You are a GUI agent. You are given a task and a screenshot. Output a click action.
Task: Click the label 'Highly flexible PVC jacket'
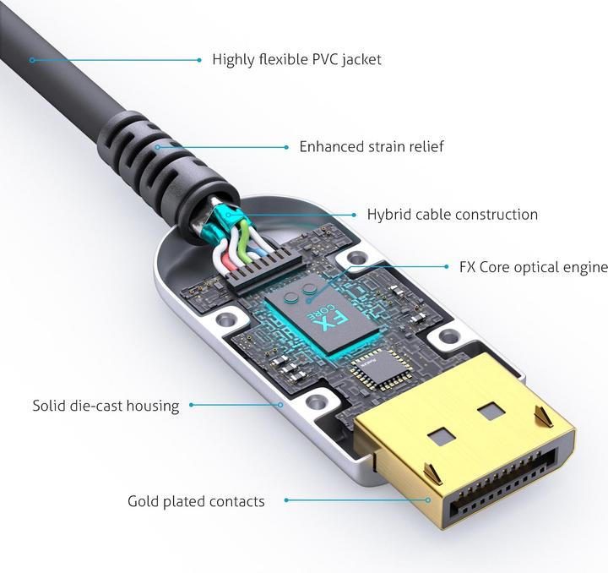296,60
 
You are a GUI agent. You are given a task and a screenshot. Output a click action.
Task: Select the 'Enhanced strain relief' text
372,147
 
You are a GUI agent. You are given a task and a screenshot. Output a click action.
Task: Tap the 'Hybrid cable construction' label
452,215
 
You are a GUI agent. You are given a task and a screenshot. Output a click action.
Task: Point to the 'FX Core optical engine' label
534,267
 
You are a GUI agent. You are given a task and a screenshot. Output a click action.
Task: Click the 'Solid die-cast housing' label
106,406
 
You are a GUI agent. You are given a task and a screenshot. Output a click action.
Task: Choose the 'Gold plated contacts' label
196,501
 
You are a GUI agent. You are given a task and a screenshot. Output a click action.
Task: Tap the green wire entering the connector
244,241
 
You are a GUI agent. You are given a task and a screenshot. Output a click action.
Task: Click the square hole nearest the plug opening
442,438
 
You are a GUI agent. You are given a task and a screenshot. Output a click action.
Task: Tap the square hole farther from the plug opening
491,412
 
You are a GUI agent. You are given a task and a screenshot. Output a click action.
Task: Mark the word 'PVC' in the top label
326,60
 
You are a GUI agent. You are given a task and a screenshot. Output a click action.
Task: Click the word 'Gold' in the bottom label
144,501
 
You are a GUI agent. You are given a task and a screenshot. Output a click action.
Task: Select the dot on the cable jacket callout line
33,60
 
